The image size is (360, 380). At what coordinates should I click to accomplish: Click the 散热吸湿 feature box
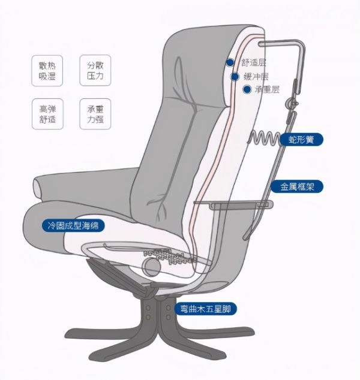(47, 71)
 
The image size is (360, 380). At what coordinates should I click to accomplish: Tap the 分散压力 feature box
(95, 70)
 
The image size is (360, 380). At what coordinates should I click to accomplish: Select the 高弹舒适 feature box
(47, 114)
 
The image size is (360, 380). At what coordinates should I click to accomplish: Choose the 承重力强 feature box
(95, 114)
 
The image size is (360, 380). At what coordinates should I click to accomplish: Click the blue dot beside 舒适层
(230, 62)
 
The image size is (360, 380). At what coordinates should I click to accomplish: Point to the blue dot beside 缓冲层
(235, 77)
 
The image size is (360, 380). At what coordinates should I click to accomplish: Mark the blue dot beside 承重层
(247, 89)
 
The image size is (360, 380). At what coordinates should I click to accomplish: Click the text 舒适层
(253, 62)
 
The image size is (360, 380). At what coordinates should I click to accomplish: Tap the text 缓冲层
(256, 77)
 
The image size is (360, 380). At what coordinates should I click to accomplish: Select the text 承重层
(267, 90)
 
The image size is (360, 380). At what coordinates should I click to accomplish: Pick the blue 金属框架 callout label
(297, 186)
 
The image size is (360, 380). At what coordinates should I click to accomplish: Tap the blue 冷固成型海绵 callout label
(73, 225)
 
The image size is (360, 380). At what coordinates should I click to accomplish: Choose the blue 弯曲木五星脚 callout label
(205, 309)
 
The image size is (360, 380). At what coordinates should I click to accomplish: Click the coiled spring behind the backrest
(264, 139)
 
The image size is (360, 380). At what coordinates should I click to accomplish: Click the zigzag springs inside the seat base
(170, 256)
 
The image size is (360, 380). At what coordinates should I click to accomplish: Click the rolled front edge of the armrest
(38, 189)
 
